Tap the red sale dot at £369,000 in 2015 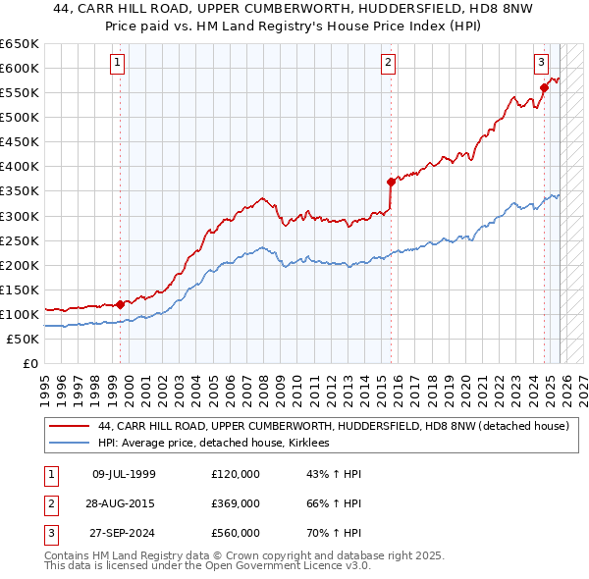click(x=391, y=181)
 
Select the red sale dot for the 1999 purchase click(x=121, y=304)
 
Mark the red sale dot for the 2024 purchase click(x=544, y=87)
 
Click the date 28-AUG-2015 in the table click(x=123, y=503)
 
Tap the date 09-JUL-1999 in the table click(x=123, y=474)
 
